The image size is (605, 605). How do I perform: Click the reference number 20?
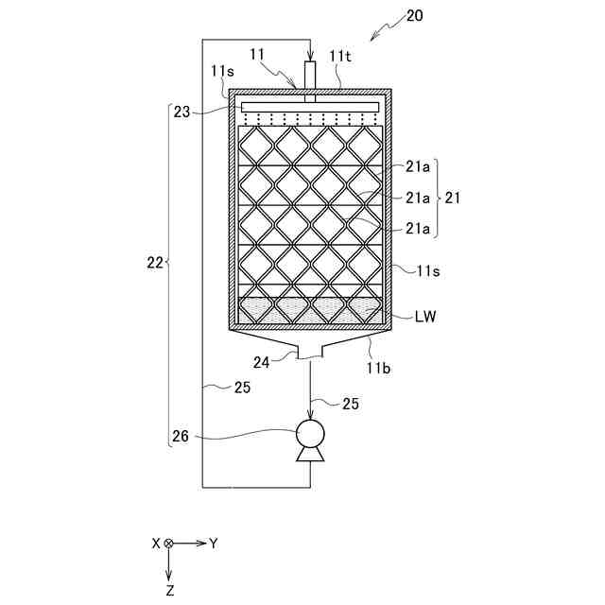(x=413, y=15)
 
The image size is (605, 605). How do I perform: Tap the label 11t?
(x=340, y=56)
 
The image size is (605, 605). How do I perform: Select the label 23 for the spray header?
(x=181, y=112)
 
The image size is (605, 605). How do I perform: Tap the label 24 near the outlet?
(x=261, y=360)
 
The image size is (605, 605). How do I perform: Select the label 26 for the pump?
(x=181, y=437)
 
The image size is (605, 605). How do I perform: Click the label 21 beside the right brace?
(x=453, y=199)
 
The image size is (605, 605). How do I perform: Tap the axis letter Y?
(x=214, y=544)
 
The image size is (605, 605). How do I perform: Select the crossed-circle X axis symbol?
(x=169, y=544)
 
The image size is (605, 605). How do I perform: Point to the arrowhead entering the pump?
(x=309, y=415)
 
